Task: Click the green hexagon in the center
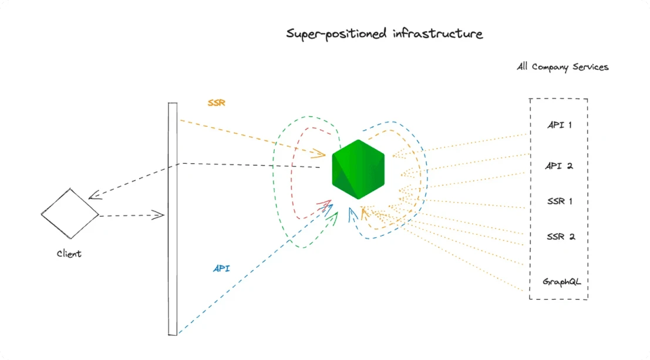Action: click(x=358, y=170)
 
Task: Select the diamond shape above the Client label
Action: click(x=70, y=214)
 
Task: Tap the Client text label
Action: click(x=69, y=254)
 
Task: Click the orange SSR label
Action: click(x=216, y=102)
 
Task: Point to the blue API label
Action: click(x=221, y=268)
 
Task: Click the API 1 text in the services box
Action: click(x=559, y=125)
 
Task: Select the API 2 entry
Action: click(x=559, y=166)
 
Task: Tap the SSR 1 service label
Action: click(x=559, y=201)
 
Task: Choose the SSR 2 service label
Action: click(x=560, y=237)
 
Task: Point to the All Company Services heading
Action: click(x=563, y=67)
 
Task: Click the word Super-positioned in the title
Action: click(x=337, y=33)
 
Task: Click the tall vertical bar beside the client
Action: click(x=173, y=218)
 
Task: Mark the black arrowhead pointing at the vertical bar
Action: click(x=159, y=215)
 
